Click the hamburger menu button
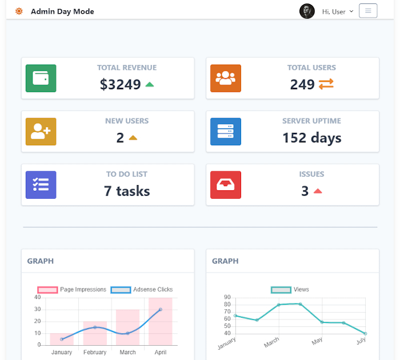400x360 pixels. pos(368,11)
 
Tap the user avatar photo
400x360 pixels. pos(307,11)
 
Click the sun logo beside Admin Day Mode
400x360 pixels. pos(19,11)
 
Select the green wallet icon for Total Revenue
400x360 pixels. pos(41,78)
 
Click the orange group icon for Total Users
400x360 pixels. pos(226,78)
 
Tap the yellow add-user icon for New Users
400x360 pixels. pos(41,131)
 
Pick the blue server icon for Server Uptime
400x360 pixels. pos(226,131)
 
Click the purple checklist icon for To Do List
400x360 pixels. pos(41,185)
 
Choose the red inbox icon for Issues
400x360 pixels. pos(226,185)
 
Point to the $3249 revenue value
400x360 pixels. pos(120,85)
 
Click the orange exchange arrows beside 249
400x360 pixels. pos(326,85)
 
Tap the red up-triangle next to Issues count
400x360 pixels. pos(318,191)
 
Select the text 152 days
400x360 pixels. pos(311,138)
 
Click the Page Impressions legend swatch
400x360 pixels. pos(48,290)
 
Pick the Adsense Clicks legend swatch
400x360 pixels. pos(121,290)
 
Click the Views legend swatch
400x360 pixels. pos(281,290)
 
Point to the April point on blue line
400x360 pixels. pos(161,309)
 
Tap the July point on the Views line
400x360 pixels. pos(365,333)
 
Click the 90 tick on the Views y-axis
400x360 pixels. pos(227,297)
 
